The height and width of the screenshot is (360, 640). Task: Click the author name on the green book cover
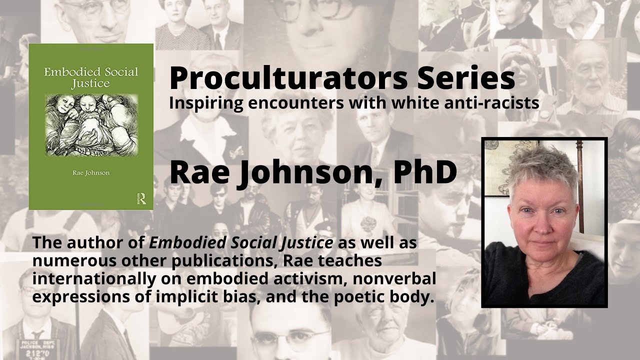90,173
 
